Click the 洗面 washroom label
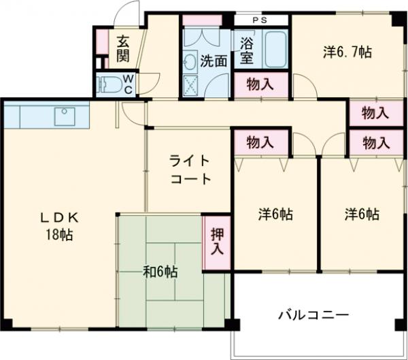coord(214,60)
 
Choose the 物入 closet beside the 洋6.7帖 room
coord(375,113)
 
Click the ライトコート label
coord(190,170)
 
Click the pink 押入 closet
coord(217,242)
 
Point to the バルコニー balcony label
coord(313,316)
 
